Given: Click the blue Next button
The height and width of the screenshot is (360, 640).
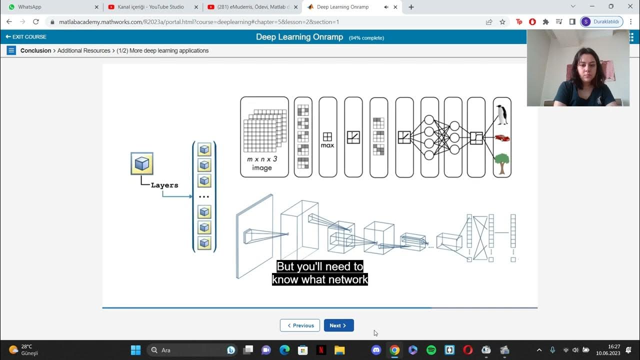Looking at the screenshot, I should (x=338, y=325).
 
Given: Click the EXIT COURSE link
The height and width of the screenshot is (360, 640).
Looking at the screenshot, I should (x=26, y=37).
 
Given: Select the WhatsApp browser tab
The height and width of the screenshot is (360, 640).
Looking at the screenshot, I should (x=29, y=7).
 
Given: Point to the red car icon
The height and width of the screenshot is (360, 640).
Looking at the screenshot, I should (x=502, y=137).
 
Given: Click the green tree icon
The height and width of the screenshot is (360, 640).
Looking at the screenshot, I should (x=502, y=163).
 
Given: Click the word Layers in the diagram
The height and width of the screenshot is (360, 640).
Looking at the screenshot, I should (x=164, y=185).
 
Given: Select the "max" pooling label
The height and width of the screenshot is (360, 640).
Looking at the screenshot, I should (x=327, y=145).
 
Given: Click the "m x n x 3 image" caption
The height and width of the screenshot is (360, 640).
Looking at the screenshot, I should (x=262, y=163).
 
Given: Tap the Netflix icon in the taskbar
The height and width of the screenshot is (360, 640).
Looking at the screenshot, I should (x=321, y=350).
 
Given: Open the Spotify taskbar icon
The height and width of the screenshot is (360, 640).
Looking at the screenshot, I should (x=431, y=350).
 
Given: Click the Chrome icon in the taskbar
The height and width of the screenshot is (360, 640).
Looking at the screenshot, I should (x=394, y=350).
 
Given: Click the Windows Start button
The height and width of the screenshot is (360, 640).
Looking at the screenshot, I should (x=135, y=350).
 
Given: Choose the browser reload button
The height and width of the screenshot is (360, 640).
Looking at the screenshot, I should (x=35, y=22).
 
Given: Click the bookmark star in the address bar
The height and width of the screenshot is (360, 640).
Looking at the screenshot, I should (x=502, y=22).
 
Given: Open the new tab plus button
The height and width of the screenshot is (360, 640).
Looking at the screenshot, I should (x=411, y=7).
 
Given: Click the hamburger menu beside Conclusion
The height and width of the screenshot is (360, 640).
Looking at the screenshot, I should (x=11, y=50).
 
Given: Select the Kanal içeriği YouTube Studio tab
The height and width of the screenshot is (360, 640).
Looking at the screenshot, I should (x=150, y=7).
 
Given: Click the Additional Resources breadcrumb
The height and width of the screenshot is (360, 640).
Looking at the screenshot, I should (x=83, y=50).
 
